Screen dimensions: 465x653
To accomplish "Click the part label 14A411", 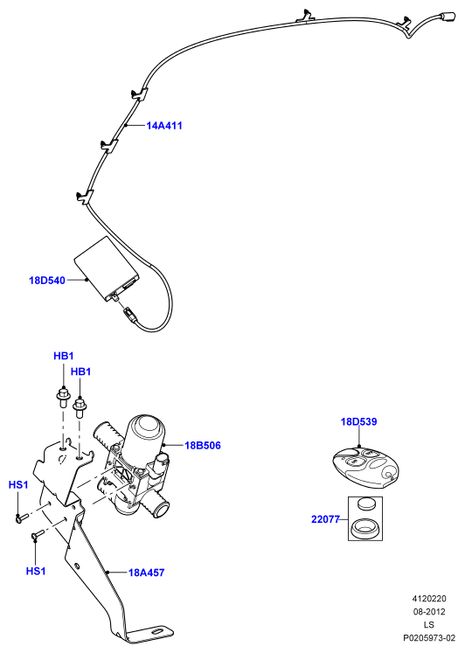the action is [164, 125].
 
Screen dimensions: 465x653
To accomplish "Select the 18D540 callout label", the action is [47, 281].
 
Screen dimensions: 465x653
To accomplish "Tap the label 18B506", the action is [202, 445].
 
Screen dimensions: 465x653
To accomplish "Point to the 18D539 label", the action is [358, 421].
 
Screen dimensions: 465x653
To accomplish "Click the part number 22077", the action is [325, 519].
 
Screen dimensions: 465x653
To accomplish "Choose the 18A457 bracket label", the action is [146, 573].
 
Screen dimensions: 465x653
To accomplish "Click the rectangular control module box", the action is [106, 267].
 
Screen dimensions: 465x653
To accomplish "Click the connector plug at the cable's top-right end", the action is [448, 17].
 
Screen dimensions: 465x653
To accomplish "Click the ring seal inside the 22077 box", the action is [364, 527].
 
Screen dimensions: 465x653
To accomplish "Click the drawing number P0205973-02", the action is [429, 637].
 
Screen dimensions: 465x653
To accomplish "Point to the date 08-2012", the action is [429, 611].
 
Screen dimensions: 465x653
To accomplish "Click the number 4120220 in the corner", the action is [429, 599].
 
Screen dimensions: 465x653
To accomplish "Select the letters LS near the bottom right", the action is [429, 624].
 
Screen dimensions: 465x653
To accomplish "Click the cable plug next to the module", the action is [129, 313].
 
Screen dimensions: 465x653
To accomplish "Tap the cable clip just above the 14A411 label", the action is [139, 94].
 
